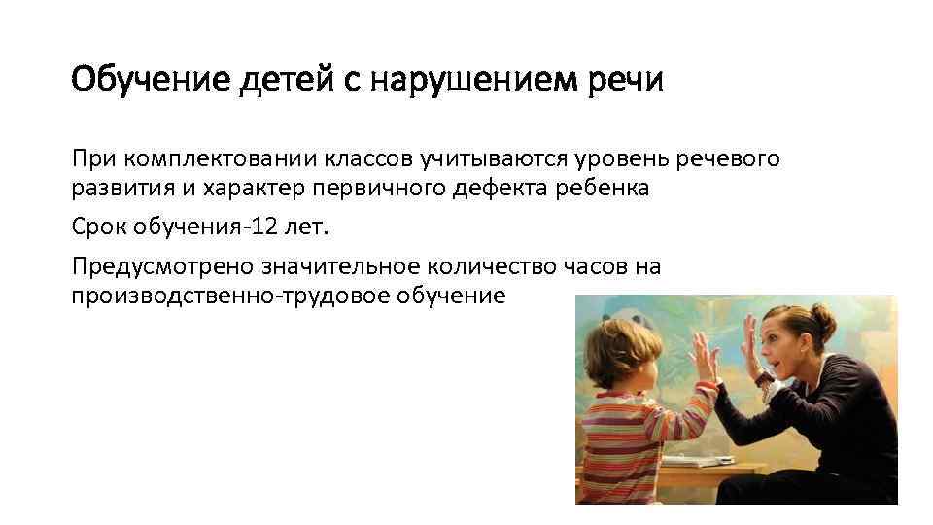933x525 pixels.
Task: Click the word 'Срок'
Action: pos(97,227)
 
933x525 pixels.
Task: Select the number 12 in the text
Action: pos(261,227)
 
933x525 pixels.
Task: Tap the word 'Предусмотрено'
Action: pos(161,266)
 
